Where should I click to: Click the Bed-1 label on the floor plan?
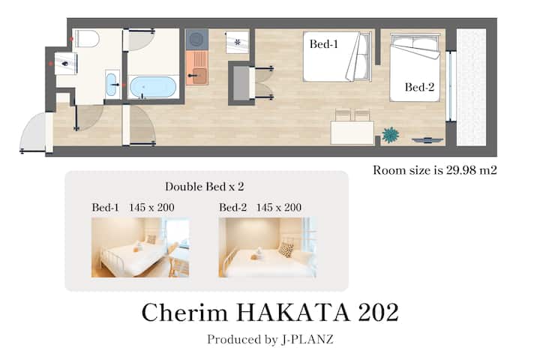click(x=323, y=44)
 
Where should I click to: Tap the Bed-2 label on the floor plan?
click(x=419, y=87)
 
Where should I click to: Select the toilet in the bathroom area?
click(x=87, y=38)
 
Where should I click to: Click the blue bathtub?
click(x=153, y=87)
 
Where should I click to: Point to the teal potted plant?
click(x=391, y=135)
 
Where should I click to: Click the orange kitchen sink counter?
click(x=197, y=68)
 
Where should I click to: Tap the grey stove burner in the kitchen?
click(x=197, y=40)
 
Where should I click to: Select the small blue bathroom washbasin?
click(x=112, y=85)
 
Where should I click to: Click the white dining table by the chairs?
click(x=352, y=133)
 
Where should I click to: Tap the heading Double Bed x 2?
click(x=205, y=187)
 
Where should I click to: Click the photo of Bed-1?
click(x=140, y=247)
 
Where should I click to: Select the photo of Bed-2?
click(x=268, y=247)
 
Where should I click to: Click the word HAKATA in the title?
click(x=293, y=313)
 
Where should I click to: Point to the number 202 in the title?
click(x=378, y=313)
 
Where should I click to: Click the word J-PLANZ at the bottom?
click(x=307, y=339)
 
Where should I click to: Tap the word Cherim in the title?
click(x=184, y=313)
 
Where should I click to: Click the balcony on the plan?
click(x=471, y=87)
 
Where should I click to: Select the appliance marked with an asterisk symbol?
click(x=237, y=42)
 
